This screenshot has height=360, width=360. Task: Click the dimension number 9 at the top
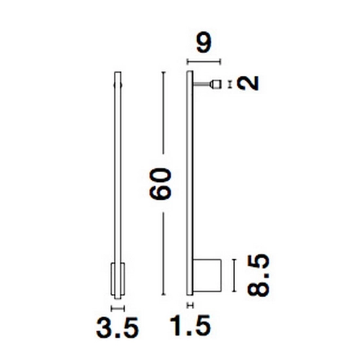coord(204,43)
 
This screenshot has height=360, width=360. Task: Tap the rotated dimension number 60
coord(160,183)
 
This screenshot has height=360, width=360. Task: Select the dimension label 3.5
coord(117,327)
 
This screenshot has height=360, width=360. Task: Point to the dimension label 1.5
coord(190,325)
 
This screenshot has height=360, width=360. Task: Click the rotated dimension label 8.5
coord(258,276)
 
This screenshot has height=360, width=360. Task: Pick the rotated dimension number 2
coord(249,83)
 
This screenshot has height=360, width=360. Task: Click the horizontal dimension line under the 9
coord(204,62)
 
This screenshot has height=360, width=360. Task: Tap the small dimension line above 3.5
coord(118,308)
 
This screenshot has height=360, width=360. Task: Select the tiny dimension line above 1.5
coord(190,306)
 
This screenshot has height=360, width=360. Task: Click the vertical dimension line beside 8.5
coord(234,276)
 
